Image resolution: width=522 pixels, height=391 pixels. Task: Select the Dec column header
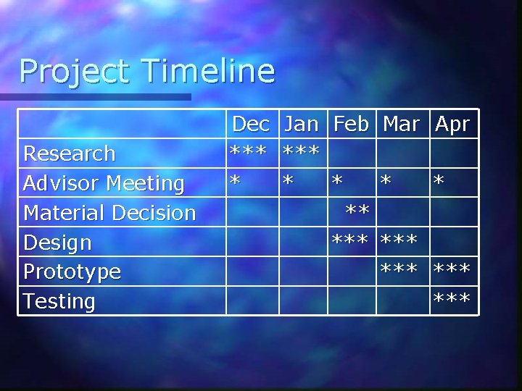pos(251,124)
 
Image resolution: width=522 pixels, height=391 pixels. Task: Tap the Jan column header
pos(302,124)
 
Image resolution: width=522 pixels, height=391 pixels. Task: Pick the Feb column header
pos(351,124)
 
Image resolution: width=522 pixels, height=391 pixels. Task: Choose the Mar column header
pos(401,124)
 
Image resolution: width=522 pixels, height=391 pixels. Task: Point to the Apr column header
pos(452,124)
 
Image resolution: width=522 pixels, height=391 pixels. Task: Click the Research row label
pos(70,154)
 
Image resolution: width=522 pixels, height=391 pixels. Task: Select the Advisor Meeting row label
pos(104,183)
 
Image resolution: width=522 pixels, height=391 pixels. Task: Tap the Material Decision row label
pos(109,213)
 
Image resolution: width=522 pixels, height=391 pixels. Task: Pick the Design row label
pos(57,243)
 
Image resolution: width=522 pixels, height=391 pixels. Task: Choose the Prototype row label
pos(72,272)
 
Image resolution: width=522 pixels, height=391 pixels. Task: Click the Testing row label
pos(59,301)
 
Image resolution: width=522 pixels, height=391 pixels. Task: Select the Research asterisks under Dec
pos(250,152)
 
